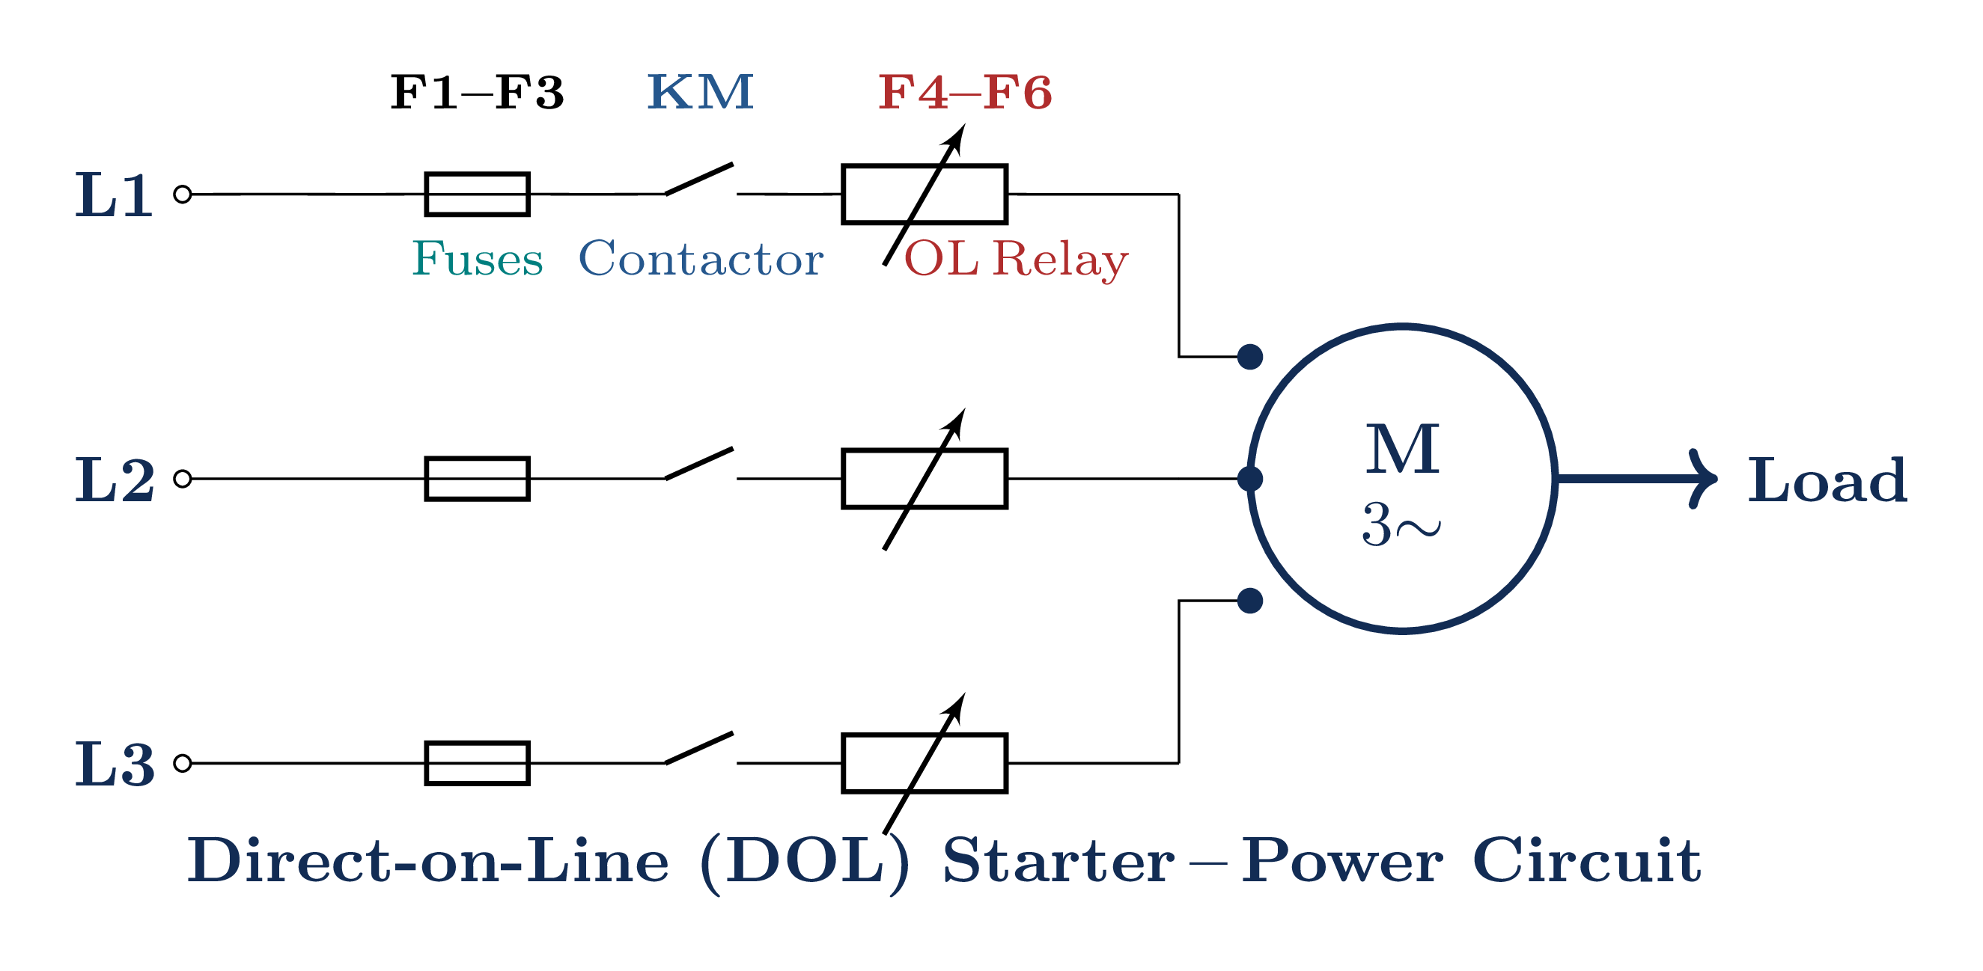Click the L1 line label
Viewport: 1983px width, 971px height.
pyautogui.click(x=114, y=195)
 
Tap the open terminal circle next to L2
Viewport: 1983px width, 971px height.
pyautogui.click(x=183, y=479)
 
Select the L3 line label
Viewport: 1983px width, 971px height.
pyautogui.click(x=115, y=764)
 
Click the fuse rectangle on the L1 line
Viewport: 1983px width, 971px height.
pyautogui.click(x=478, y=194)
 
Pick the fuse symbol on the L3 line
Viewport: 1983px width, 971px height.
pyautogui.click(x=478, y=763)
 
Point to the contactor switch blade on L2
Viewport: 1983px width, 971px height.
pyautogui.click(x=699, y=463)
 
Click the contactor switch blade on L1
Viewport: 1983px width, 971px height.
pyautogui.click(x=699, y=179)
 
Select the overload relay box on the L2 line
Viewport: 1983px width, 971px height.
pyautogui.click(x=925, y=479)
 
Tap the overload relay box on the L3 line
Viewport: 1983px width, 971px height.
pyautogui.click(x=925, y=763)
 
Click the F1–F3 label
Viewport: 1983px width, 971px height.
pyautogui.click(x=478, y=93)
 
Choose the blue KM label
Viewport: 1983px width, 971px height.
pyautogui.click(x=701, y=93)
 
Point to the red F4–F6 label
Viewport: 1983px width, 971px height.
pyautogui.click(x=965, y=93)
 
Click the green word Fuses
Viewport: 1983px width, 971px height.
pyautogui.click(x=478, y=259)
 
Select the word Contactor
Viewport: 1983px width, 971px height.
pyautogui.click(x=701, y=259)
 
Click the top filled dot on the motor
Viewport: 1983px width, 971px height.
pyautogui.click(x=1250, y=357)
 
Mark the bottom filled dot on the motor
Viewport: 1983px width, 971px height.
pyautogui.click(x=1250, y=601)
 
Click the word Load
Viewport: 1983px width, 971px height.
pyautogui.click(x=1827, y=480)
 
